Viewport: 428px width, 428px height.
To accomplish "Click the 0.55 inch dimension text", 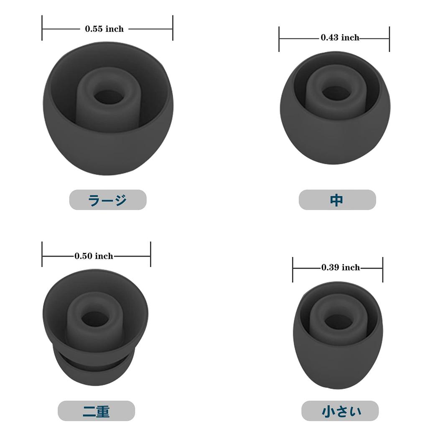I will [104, 29].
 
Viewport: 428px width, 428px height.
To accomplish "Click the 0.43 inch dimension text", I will [340, 38].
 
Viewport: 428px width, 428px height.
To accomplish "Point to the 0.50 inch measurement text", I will [94, 256].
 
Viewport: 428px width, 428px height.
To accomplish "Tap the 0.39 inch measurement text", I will [340, 267].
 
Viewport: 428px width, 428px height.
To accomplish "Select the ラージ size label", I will [107, 200].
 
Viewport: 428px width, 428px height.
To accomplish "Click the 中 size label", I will [337, 200].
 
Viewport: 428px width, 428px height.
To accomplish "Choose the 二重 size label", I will [96, 411].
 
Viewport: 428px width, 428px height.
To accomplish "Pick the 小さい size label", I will [340, 411].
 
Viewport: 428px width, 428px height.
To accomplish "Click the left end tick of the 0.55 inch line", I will [42, 28].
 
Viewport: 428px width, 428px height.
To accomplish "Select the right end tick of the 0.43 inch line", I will [389, 39].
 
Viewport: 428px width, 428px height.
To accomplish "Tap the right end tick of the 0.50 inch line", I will [150, 254].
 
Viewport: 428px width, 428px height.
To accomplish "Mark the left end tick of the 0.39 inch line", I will [293, 269].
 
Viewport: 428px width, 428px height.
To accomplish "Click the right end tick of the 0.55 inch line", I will [173, 28].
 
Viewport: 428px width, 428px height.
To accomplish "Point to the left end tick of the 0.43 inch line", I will [279, 39].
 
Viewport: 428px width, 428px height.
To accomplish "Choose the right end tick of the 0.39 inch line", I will [382, 269].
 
